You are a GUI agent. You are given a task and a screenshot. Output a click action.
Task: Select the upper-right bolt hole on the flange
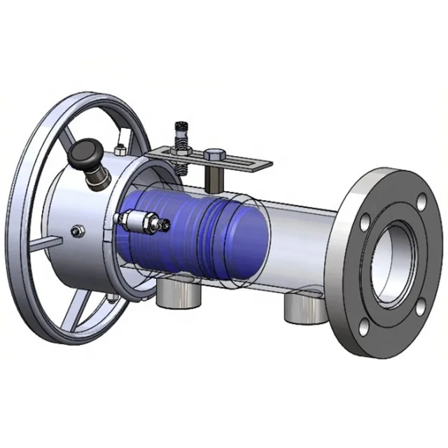tap(421, 203)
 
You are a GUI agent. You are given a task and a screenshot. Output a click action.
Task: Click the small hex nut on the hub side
tap(76, 230)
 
